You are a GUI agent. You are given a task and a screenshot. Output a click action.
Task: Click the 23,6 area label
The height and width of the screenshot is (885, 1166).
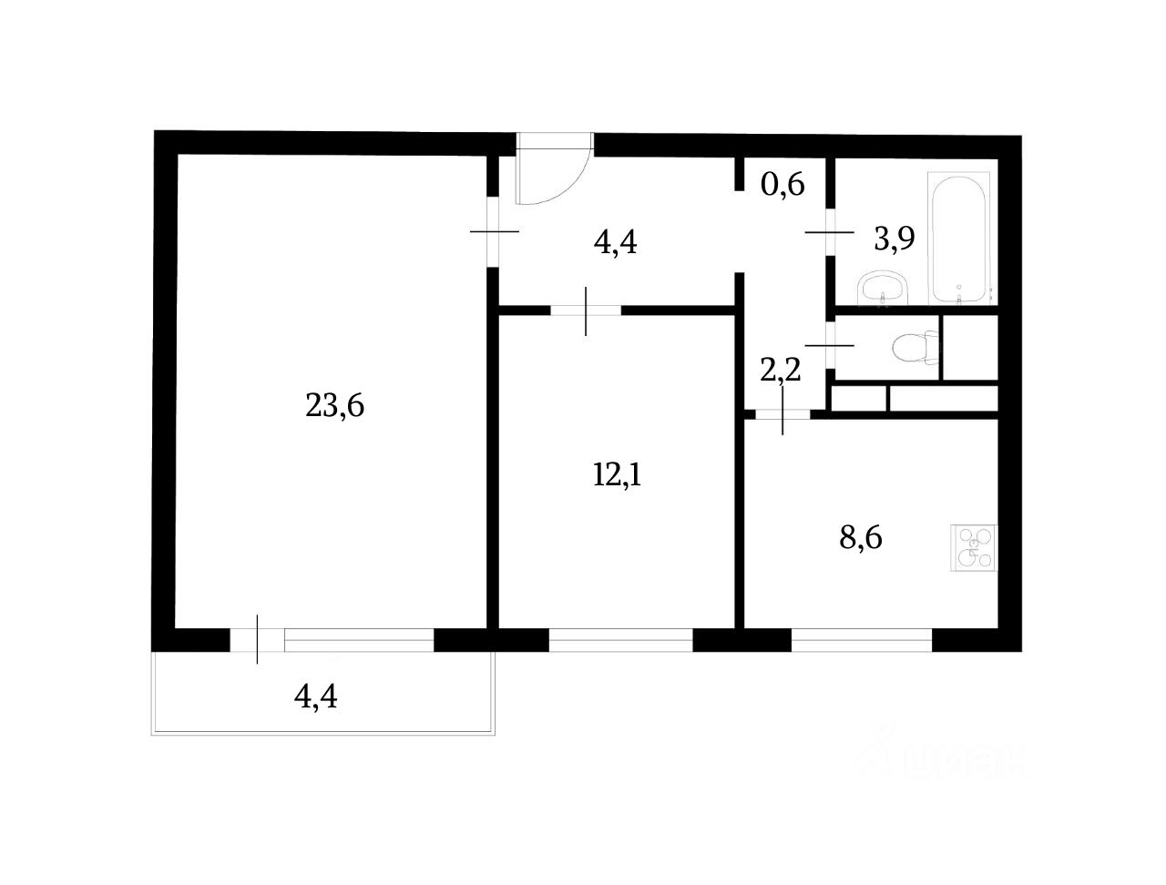click(x=334, y=406)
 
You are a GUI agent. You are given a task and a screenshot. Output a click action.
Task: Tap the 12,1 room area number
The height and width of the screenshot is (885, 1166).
click(x=618, y=475)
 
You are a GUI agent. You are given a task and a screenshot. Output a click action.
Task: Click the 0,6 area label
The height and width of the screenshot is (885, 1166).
click(x=782, y=185)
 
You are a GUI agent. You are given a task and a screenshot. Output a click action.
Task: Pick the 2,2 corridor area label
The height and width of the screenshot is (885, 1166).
click(x=781, y=370)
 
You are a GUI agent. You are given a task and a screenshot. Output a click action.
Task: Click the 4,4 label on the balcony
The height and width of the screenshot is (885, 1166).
click(x=315, y=697)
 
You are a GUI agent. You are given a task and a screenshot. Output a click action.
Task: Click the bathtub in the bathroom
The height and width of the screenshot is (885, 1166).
click(x=959, y=239)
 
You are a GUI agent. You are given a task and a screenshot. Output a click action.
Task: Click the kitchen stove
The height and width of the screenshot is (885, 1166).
click(x=975, y=548)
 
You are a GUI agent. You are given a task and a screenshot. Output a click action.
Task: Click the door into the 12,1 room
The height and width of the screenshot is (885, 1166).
click(x=586, y=310)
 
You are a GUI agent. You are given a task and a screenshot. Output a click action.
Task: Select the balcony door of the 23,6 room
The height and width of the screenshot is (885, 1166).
click(x=258, y=640)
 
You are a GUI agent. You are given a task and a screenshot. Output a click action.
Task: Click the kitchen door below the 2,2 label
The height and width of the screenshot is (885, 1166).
click(x=782, y=415)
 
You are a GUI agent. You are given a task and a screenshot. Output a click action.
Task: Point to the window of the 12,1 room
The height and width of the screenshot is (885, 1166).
click(x=620, y=641)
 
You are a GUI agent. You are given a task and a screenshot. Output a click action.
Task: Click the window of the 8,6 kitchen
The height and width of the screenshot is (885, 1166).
click(x=861, y=641)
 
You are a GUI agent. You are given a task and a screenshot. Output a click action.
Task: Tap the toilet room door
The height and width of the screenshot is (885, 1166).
click(x=830, y=346)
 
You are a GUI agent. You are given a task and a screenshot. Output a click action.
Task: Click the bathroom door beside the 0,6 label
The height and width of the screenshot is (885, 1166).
click(x=830, y=233)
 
